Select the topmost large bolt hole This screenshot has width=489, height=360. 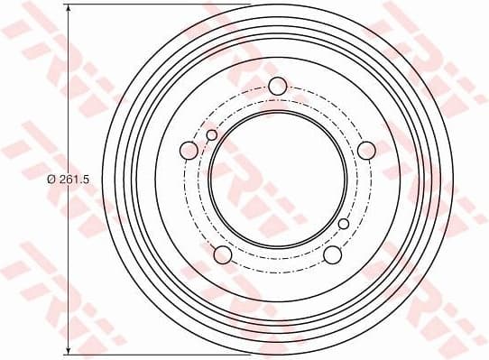(277, 86)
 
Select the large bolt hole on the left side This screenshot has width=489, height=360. (189, 150)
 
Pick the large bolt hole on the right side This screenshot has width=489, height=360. (366, 150)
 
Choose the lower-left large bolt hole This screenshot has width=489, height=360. (222, 254)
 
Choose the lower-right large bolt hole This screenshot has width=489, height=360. (332, 254)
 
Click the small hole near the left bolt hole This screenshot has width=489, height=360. (212, 135)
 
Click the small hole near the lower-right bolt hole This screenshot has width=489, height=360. (343, 223)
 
